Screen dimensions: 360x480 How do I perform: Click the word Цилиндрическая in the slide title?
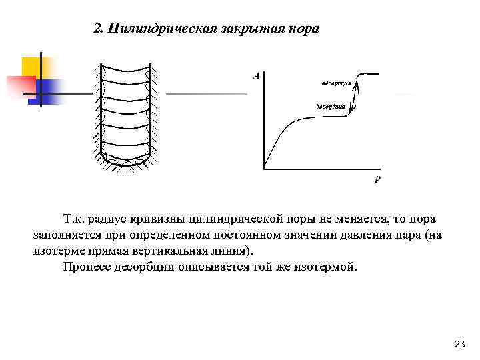(158, 29)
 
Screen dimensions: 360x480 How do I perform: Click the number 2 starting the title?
(97, 29)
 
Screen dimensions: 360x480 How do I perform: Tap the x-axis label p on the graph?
(377, 179)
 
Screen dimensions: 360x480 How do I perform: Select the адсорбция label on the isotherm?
(336, 83)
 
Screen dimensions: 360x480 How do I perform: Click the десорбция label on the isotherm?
(330, 107)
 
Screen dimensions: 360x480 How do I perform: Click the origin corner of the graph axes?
(264, 167)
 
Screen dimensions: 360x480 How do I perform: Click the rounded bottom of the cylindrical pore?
(126, 163)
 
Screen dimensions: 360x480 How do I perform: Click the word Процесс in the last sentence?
(85, 267)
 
